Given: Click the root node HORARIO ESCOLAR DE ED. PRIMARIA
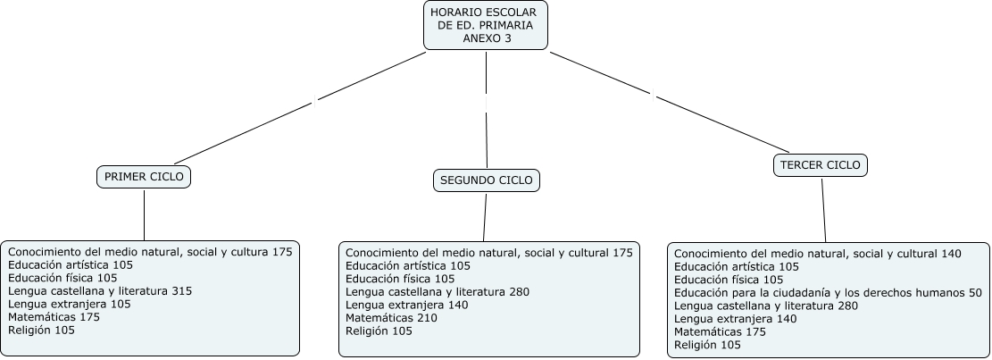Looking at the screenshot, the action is pos(485,25).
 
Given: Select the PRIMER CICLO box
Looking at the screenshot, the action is pos(144,177).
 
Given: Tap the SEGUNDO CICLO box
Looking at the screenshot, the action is pos(487,180).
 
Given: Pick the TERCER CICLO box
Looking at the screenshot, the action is pos(820,165).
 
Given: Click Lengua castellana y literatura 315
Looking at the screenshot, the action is pos(100,291).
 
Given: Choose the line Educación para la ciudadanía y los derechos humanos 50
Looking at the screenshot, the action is pos(828,293).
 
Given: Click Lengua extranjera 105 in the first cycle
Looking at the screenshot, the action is pos(70,304).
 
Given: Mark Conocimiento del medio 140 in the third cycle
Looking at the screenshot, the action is pos(817,254).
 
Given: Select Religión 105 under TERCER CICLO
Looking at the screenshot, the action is pos(707,345).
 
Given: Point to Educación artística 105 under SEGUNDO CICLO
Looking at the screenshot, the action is pos(408,265).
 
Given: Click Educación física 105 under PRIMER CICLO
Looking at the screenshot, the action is pos(63,278).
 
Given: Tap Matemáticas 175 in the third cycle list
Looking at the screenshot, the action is pos(720,331).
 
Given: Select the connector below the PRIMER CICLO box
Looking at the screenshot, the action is pos(144,214).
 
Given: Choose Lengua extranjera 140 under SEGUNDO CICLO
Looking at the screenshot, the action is pos(407,305).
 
